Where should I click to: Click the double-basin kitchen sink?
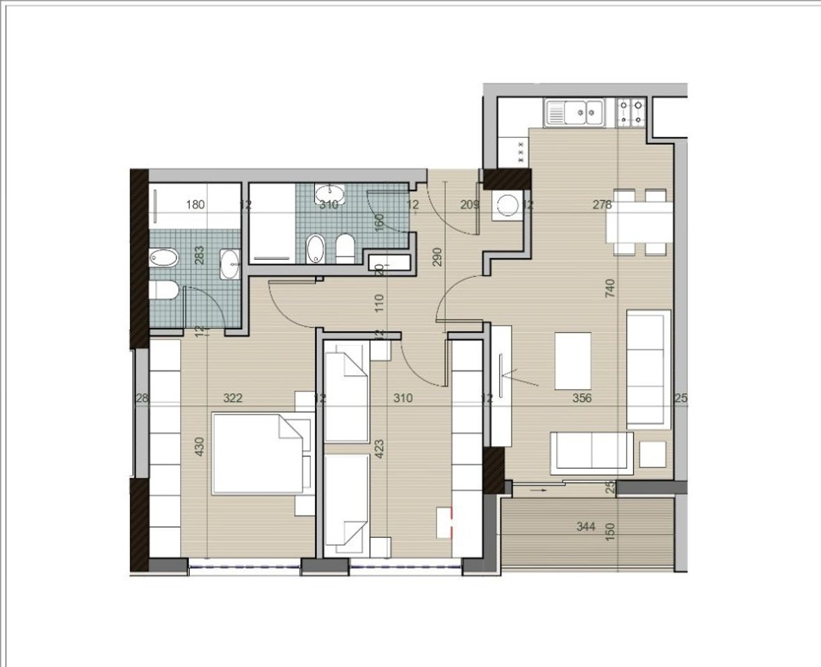(x=575, y=113)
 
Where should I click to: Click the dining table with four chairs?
(x=639, y=222)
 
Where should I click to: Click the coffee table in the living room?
(x=573, y=361)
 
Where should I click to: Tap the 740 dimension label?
(x=610, y=288)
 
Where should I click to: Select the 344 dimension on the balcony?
(x=586, y=527)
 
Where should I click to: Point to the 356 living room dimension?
(x=581, y=398)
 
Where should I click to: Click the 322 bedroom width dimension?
(x=233, y=398)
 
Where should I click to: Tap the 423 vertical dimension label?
(x=380, y=450)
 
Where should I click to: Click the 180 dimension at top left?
(x=196, y=204)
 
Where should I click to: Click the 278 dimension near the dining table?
(x=602, y=204)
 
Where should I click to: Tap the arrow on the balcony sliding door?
(x=537, y=491)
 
